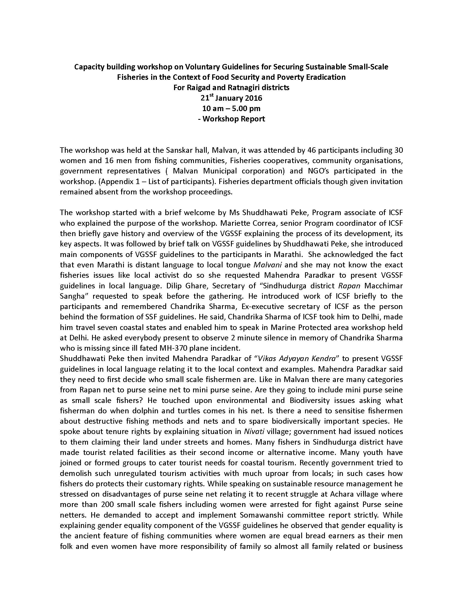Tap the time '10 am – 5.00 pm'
(x=231, y=109)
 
